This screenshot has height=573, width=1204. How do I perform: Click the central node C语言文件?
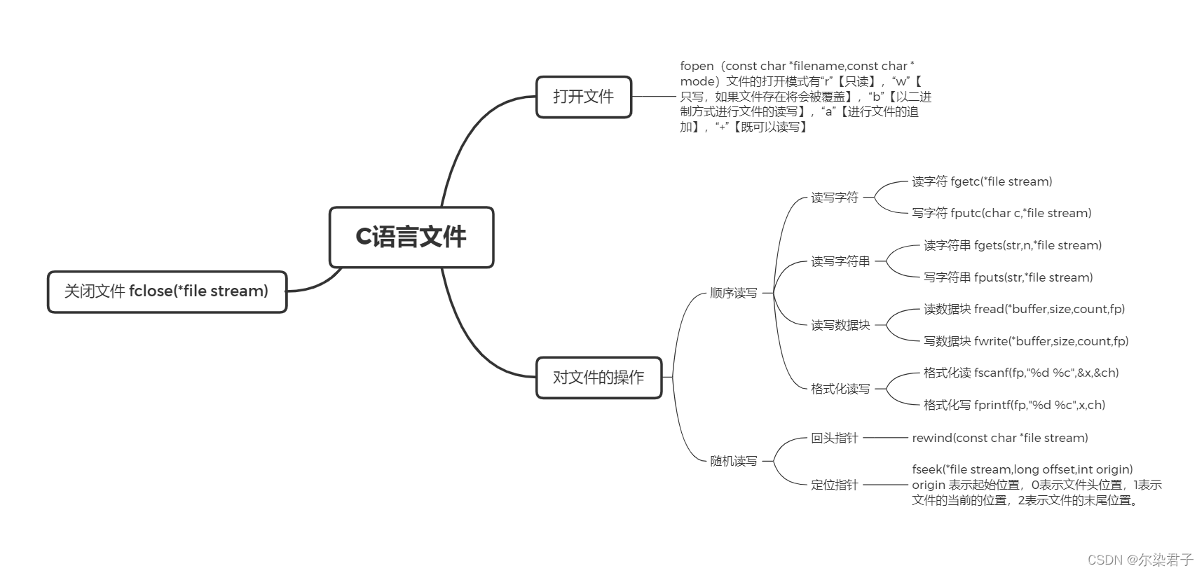411,237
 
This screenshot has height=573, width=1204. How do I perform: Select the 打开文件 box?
583,97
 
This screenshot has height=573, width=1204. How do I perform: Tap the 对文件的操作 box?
598,378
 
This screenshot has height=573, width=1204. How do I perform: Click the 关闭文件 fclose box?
167,291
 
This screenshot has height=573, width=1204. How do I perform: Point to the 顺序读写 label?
733,293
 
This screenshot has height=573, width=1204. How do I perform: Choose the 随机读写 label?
733,461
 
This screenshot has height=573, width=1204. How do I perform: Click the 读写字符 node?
834,198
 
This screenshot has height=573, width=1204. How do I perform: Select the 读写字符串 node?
840,261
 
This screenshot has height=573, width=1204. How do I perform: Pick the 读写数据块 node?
840,325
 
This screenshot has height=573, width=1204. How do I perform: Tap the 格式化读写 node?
840,389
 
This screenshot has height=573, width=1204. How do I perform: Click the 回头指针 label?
834,438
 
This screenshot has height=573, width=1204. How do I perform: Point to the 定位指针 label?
834,485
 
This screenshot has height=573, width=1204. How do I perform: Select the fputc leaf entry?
1001,213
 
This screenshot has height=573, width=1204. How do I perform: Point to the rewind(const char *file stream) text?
999,438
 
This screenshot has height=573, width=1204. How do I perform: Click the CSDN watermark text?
1140,559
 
